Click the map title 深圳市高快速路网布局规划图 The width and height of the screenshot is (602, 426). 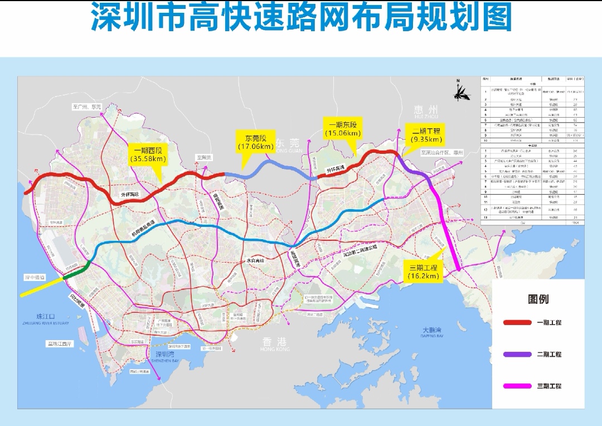[x=301, y=18]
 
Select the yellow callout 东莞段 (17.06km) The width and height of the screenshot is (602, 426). [x=255, y=142]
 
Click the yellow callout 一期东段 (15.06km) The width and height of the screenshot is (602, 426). [x=342, y=128]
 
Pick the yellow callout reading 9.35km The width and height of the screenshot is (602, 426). [x=426, y=135]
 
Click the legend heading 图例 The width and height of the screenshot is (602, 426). [x=538, y=299]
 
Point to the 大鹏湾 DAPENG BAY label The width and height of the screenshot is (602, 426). [x=433, y=332]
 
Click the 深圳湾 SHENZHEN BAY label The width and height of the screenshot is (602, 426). [x=166, y=357]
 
